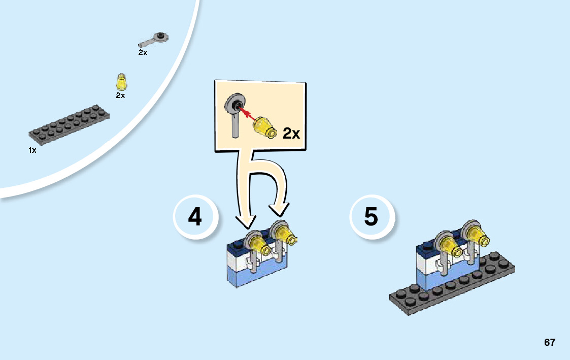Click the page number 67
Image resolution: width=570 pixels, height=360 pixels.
(549, 342)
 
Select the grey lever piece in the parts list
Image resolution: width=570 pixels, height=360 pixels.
(155, 40)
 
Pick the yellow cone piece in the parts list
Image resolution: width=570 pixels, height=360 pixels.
(121, 82)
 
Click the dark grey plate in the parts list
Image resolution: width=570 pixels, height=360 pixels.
(70, 123)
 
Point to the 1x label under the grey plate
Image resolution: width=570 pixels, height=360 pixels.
(32, 150)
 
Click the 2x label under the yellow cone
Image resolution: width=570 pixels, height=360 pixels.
(120, 95)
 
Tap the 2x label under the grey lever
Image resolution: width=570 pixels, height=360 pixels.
(143, 52)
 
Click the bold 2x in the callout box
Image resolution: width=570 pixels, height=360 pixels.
(291, 134)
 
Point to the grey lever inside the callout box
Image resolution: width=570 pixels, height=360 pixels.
(236, 114)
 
